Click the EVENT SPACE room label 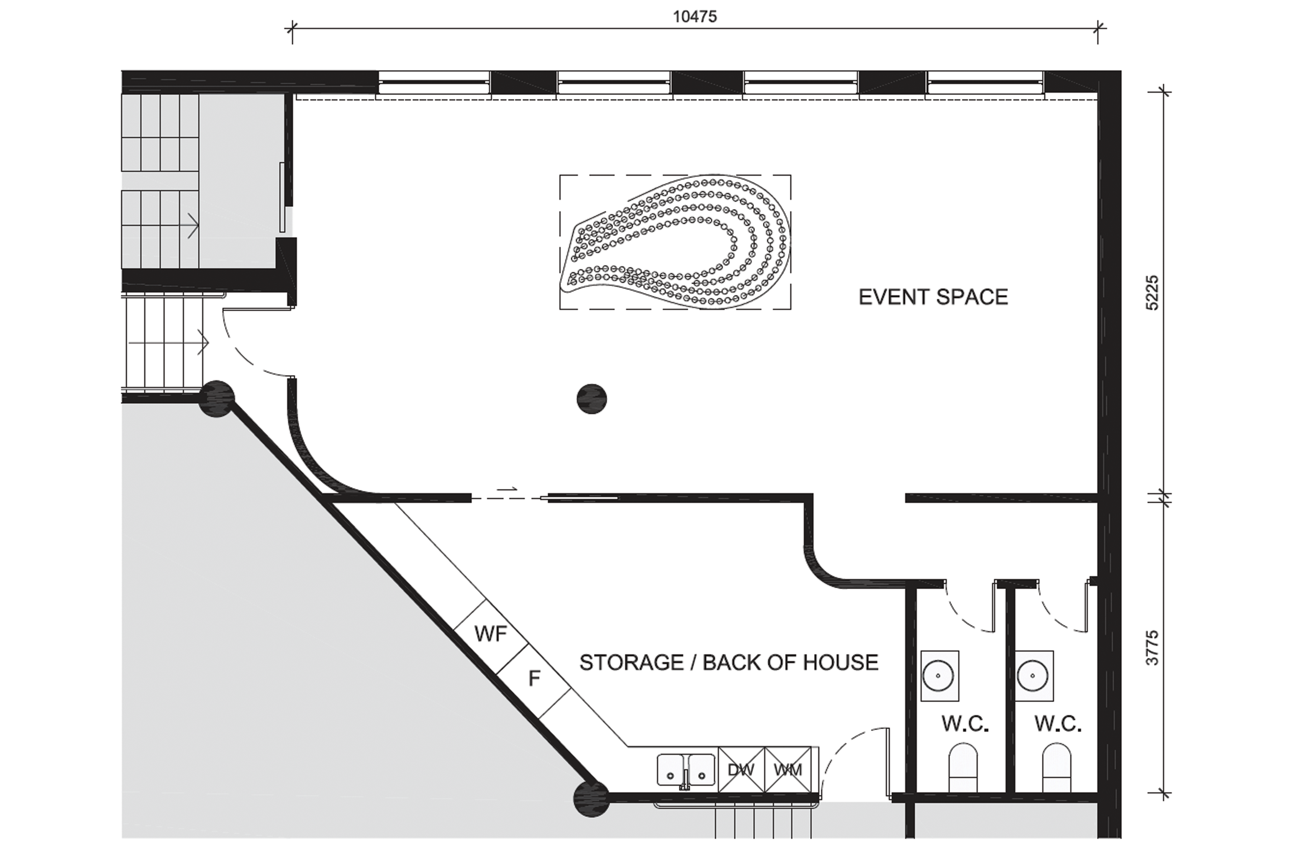pyautogui.click(x=933, y=297)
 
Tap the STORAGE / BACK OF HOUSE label pyautogui.click(x=729, y=663)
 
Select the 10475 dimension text pyautogui.click(x=695, y=17)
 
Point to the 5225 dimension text pyautogui.click(x=1153, y=293)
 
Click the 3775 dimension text pyautogui.click(x=1153, y=648)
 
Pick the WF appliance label pyautogui.click(x=491, y=634)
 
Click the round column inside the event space pyautogui.click(x=592, y=399)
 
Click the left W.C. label pyautogui.click(x=965, y=724)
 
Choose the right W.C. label pyautogui.click(x=1058, y=724)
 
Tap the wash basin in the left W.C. pyautogui.click(x=939, y=675)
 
